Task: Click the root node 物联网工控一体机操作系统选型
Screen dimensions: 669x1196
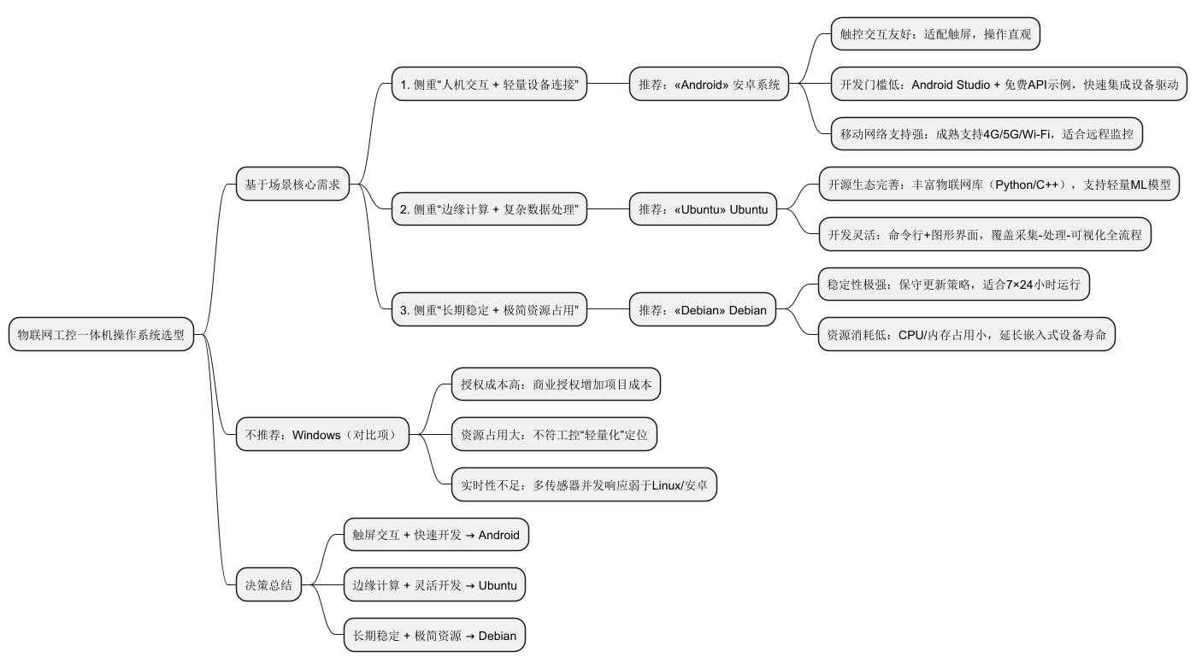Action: point(101,335)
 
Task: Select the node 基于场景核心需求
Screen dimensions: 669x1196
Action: point(292,184)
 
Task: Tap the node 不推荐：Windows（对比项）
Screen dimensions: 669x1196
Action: point(322,435)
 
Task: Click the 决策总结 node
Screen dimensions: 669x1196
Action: point(268,585)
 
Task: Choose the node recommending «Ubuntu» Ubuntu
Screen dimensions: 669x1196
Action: point(703,209)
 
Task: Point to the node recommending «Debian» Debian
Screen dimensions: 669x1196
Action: point(703,310)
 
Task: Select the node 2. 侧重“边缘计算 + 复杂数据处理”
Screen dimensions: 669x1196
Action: point(490,209)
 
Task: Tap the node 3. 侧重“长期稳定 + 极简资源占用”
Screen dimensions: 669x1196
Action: point(490,310)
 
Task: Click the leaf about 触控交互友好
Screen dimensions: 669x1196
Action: point(935,34)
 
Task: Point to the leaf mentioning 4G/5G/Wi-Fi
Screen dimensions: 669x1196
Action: point(987,134)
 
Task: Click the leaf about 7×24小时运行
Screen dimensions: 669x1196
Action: point(953,285)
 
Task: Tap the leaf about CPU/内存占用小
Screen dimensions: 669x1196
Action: point(966,335)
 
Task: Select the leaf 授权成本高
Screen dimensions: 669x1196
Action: point(556,384)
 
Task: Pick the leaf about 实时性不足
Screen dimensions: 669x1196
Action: point(584,485)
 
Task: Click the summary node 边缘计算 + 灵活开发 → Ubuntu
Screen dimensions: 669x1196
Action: point(434,585)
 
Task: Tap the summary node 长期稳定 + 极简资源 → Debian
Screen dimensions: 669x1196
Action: point(434,636)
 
